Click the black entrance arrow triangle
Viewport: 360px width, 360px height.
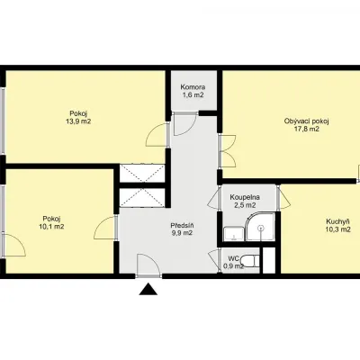coord(148,290)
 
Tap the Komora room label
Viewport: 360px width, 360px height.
coord(193,87)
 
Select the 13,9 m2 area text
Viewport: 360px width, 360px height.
coord(78,121)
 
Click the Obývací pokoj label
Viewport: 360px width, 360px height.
coord(307,121)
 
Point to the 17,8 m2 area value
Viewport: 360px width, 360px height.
coord(307,130)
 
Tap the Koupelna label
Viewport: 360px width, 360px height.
coord(245,197)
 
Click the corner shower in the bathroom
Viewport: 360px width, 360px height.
coord(260,227)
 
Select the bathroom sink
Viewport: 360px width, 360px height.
coord(233,234)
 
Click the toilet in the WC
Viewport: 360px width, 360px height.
coord(250,261)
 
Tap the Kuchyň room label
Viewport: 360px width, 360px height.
coord(337,221)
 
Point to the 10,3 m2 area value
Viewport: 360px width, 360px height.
coord(337,229)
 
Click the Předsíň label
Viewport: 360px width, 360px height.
coord(182,225)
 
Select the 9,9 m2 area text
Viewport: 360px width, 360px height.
coord(182,233)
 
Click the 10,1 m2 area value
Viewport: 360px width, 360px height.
coord(51,227)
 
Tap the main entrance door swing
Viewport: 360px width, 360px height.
coord(148,264)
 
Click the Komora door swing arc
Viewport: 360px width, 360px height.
coord(185,124)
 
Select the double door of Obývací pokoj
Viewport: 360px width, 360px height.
coord(228,151)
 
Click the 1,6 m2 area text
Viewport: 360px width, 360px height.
coord(193,95)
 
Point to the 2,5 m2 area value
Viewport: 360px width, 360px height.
coord(245,205)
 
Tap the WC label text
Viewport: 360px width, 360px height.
coord(233,258)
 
